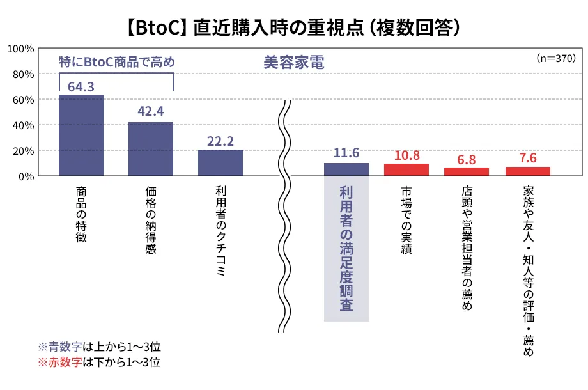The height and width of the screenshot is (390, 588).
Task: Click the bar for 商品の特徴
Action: pos(81,135)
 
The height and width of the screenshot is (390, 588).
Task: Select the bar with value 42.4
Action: pos(151,148)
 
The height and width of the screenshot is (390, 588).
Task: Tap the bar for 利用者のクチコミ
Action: pos(220,162)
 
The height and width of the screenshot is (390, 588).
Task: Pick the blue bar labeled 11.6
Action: pos(346,169)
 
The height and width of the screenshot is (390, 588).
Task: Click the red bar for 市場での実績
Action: pos(406,169)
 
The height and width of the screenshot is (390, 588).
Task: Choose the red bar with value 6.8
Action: pos(467,171)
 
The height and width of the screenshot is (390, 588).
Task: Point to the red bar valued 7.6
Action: pos(527,171)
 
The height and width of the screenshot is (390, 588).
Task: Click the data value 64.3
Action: pos(81,86)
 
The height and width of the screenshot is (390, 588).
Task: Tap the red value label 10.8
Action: pos(406,155)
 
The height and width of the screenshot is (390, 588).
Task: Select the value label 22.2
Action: pos(220,141)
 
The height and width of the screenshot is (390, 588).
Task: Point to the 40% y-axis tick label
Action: pos(23,125)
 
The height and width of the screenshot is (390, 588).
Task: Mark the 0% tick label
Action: pos(26,176)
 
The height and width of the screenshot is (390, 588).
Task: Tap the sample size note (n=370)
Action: pos(557,58)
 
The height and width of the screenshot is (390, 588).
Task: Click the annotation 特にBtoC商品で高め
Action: pos(116,63)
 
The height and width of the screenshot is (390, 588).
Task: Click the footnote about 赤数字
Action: pos(99,363)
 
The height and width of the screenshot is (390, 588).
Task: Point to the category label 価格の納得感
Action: pos(151,221)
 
